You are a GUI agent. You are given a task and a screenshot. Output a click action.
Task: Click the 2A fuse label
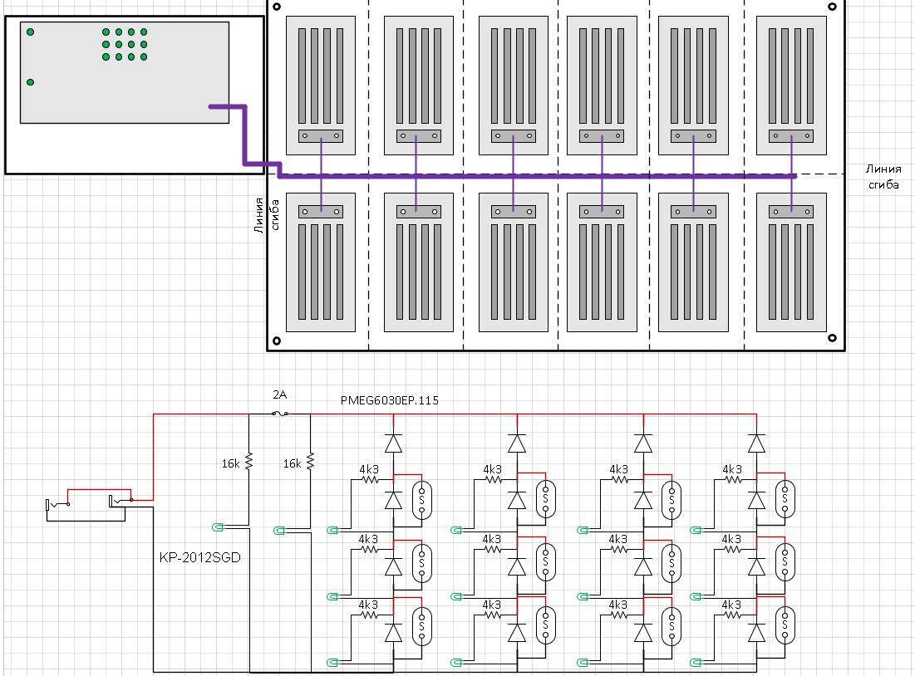(x=280, y=395)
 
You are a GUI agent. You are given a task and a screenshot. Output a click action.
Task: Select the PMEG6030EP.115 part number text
(x=390, y=400)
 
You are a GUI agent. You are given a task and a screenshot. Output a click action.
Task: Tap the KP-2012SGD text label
(x=199, y=557)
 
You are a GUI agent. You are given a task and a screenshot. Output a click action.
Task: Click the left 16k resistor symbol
(x=249, y=463)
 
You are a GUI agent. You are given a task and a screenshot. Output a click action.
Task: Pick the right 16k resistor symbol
(x=310, y=463)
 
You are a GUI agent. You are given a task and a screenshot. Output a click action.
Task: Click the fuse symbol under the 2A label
(x=281, y=414)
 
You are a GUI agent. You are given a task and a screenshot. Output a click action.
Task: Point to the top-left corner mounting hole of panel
(x=277, y=7)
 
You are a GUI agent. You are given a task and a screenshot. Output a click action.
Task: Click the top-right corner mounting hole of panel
(x=832, y=7)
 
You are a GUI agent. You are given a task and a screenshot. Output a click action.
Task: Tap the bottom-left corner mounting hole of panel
(x=277, y=340)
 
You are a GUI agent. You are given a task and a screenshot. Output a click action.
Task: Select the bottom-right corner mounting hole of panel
(x=832, y=337)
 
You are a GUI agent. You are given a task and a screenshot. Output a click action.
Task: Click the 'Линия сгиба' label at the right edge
(x=883, y=177)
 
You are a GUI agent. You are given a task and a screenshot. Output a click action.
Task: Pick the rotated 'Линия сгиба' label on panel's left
(x=267, y=214)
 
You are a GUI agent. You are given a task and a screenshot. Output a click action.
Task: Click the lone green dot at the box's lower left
(x=31, y=82)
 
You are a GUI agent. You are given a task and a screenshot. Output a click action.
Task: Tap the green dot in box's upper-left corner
(x=31, y=32)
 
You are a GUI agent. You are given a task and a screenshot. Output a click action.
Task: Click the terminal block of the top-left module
(x=321, y=136)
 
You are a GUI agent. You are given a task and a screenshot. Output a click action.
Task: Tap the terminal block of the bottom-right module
(x=791, y=212)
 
